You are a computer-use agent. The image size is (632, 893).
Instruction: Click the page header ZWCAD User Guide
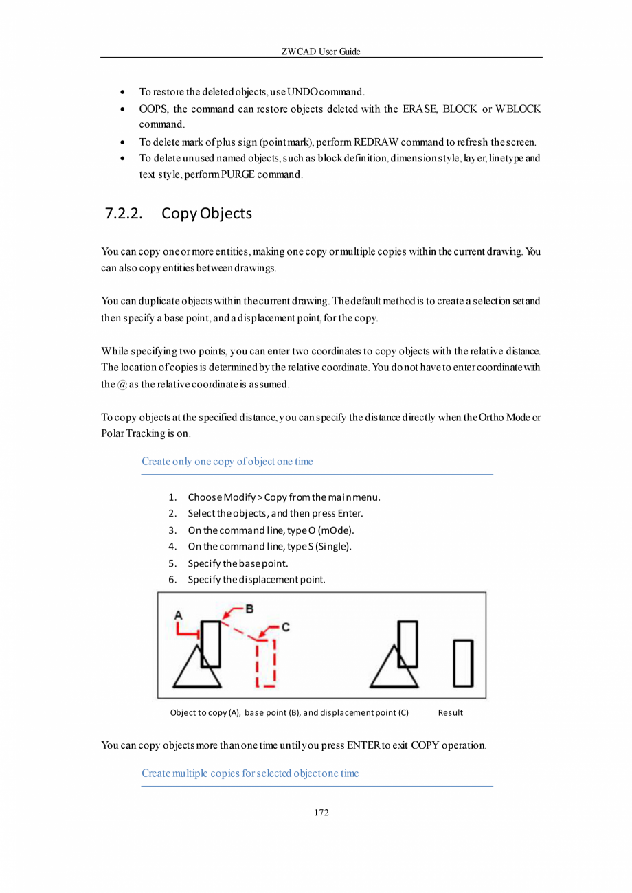pyautogui.click(x=321, y=52)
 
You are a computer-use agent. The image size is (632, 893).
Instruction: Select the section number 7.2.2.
pyautogui.click(x=124, y=214)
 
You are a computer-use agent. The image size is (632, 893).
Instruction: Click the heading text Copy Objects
pyautogui.click(x=207, y=214)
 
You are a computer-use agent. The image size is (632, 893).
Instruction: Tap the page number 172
pyautogui.click(x=321, y=813)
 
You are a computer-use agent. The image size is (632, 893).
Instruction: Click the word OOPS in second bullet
pyautogui.click(x=153, y=109)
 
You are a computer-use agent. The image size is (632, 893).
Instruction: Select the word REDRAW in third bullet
pyautogui.click(x=376, y=142)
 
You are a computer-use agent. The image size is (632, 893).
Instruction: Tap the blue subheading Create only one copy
pyautogui.click(x=227, y=461)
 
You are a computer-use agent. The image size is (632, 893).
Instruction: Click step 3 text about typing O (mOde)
pyautogui.click(x=271, y=530)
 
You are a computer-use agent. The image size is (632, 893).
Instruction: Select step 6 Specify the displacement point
pyautogui.click(x=256, y=579)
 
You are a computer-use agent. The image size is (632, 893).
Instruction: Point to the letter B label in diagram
pyautogui.click(x=250, y=608)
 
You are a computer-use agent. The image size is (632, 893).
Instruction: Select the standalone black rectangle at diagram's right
pyautogui.click(x=463, y=662)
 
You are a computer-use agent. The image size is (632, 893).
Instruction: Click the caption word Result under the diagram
pyautogui.click(x=451, y=712)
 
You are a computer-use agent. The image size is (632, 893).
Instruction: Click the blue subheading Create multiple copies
pyautogui.click(x=250, y=773)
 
